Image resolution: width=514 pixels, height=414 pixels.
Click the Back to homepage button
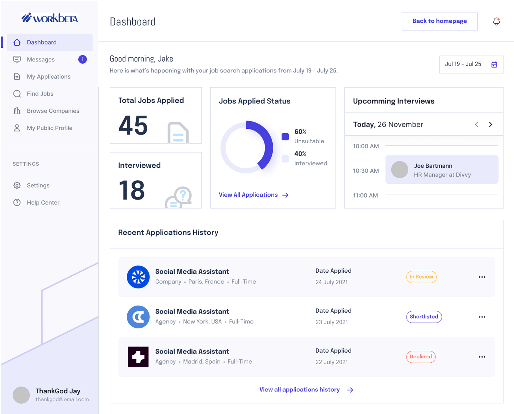coord(440,21)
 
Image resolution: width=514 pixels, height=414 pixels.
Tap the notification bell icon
coord(496,22)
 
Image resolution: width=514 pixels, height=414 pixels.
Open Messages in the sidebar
coord(41,60)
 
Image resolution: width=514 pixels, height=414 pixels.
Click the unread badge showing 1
coord(82,59)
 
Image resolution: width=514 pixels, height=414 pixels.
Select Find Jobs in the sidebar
coord(40,94)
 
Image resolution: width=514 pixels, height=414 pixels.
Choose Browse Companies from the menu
coord(53,111)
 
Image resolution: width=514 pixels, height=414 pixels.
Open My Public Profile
coord(49,128)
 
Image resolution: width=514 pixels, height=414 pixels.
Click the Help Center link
coord(43,203)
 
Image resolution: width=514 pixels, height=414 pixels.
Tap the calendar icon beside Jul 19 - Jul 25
coord(494,65)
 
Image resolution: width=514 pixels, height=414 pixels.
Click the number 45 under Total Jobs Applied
coord(133,126)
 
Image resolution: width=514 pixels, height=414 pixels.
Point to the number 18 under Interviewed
coord(132,190)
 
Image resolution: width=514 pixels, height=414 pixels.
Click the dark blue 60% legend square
coord(285,137)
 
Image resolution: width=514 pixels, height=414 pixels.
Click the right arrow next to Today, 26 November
coord(491,124)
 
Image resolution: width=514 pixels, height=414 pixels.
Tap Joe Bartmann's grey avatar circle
coord(399,170)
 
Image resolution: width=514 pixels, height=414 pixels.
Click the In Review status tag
coord(421,277)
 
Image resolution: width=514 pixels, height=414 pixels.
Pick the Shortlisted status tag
coord(424,317)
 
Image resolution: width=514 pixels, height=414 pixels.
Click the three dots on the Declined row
coord(482,357)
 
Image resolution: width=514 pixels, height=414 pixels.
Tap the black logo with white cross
coord(138,357)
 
